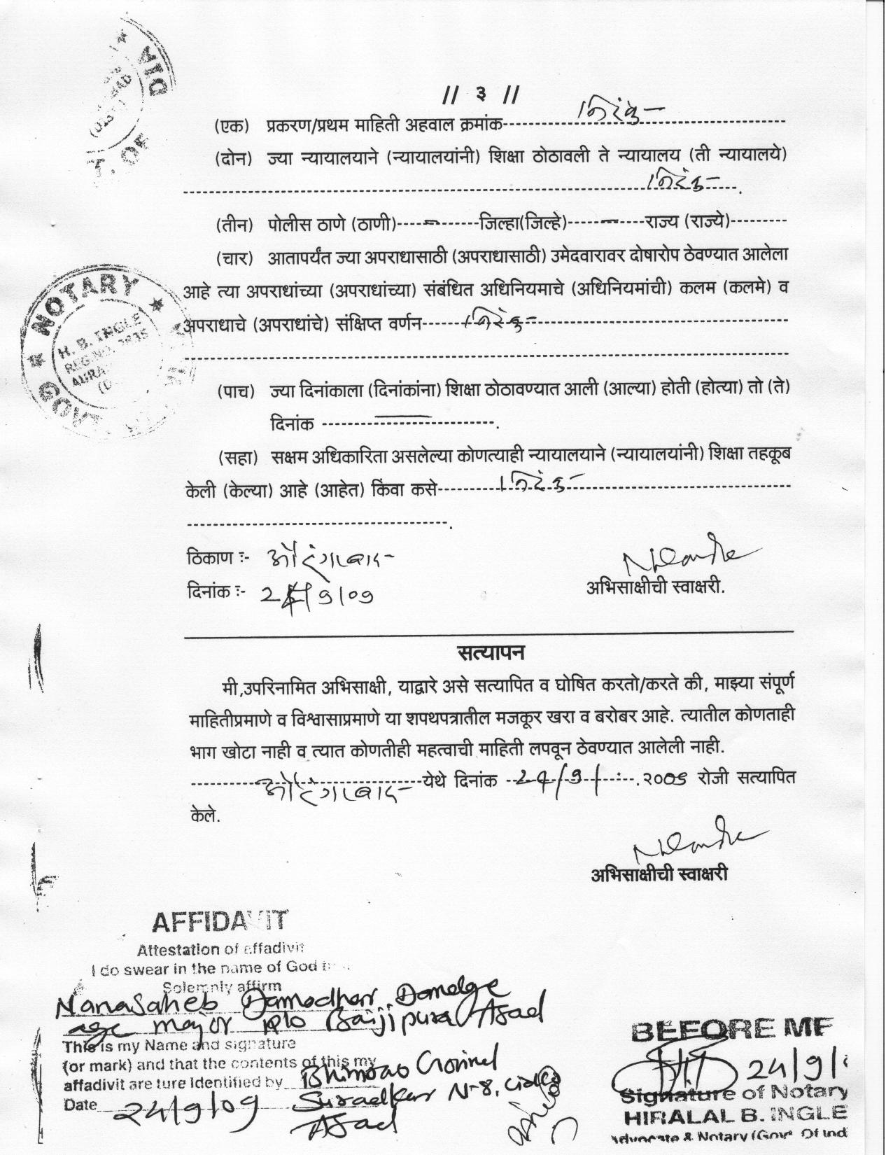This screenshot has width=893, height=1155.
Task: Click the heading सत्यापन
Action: [x=491, y=653]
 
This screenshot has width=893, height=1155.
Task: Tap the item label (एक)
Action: [x=232, y=127]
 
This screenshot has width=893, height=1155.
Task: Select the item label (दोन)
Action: [x=233, y=158]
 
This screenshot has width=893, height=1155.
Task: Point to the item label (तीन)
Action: [x=233, y=225]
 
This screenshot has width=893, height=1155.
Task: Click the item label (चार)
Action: [x=234, y=258]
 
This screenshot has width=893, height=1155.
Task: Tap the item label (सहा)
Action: [x=237, y=458]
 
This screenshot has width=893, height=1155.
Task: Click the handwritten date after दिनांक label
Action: [x=316, y=595]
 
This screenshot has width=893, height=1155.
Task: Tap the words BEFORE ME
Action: [x=731, y=1028]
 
